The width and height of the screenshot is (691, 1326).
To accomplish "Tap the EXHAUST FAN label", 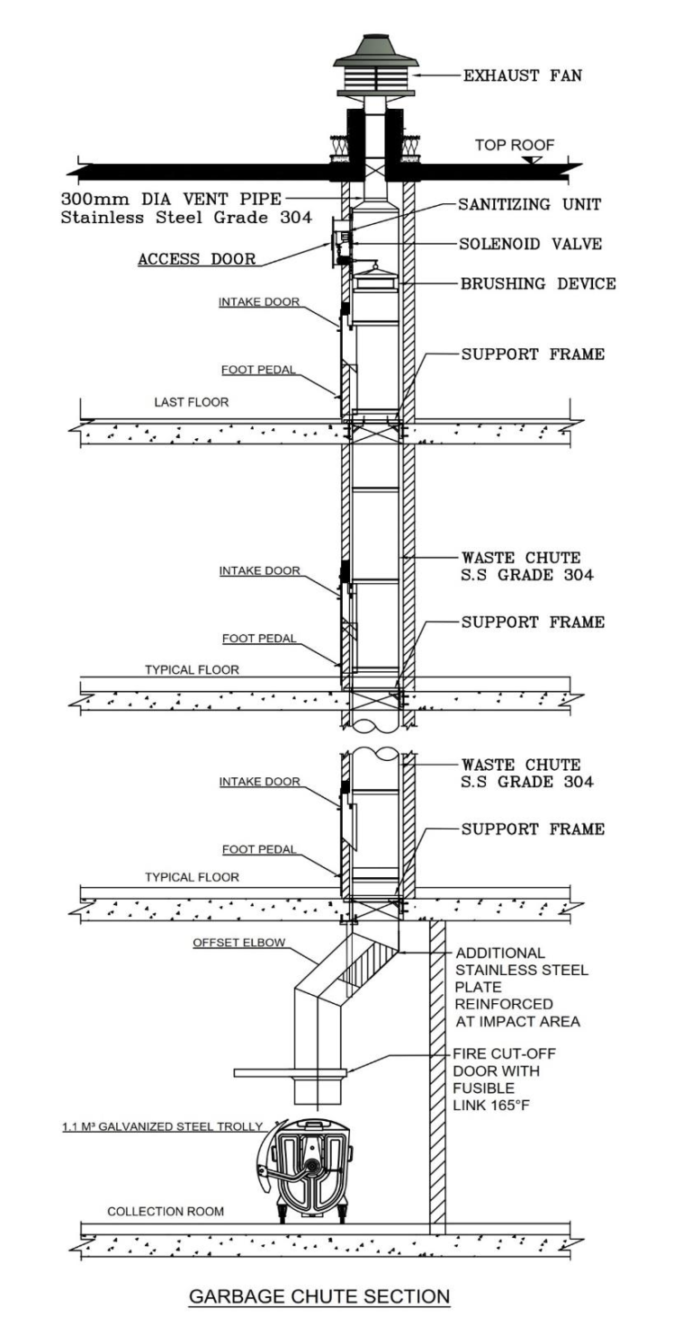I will (522, 76).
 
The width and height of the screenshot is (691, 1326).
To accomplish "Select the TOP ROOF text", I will (514, 145).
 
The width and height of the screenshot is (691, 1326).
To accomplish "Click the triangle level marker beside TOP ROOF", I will (533, 159).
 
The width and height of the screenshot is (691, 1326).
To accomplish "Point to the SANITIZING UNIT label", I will (529, 204).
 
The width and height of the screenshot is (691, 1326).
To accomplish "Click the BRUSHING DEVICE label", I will (538, 283).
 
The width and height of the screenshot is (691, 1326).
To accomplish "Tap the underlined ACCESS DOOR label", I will (196, 259).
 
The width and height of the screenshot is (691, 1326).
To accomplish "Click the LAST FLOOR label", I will (191, 402).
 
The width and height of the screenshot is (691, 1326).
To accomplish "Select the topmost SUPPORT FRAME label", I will (533, 354).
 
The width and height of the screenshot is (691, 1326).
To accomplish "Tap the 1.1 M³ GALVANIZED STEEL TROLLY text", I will (162, 1126).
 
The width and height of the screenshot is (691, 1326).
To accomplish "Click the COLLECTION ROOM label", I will (166, 1212).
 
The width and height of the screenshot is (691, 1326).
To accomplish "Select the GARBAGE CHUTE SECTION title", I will (319, 1296).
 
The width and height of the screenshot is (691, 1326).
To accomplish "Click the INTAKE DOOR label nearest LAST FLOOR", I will (259, 302).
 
